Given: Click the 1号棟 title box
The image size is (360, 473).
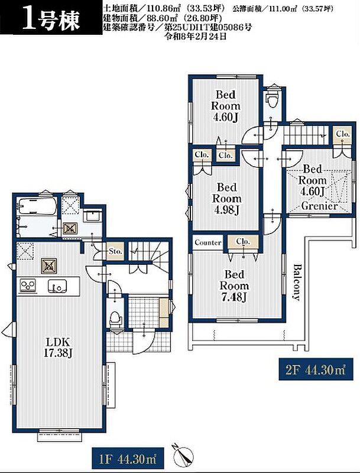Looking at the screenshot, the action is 51,19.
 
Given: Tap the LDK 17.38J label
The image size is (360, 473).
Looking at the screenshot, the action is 57,348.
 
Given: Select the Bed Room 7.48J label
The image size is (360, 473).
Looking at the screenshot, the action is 234,286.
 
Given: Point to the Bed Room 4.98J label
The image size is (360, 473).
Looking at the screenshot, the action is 227,199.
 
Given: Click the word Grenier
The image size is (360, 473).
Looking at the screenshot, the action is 319,206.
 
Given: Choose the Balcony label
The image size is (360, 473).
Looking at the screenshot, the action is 297,283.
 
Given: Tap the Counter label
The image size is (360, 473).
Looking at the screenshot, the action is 207,242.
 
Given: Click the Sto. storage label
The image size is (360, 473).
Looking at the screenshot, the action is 115,251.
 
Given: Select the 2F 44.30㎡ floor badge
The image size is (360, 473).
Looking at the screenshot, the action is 316,369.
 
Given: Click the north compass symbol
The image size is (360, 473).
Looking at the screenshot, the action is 182,453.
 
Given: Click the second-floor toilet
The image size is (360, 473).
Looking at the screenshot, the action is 273,98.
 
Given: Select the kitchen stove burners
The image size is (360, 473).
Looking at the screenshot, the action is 28,286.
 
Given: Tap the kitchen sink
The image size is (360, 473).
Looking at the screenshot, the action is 57,286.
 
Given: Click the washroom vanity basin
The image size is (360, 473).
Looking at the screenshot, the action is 92,216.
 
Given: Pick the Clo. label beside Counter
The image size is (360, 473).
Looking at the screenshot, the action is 243,242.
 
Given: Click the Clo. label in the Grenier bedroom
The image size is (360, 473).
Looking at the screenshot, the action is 343,134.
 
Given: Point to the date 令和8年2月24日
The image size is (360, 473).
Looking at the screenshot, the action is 194,37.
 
